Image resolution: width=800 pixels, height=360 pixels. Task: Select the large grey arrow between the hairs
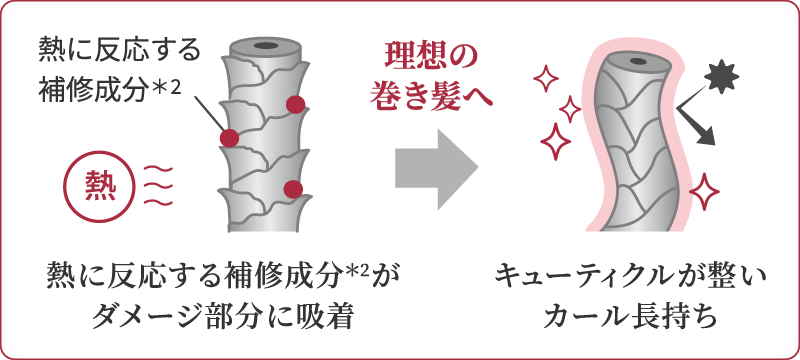coord(436,168)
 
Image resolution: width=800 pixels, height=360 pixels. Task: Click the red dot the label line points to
coord(229,138)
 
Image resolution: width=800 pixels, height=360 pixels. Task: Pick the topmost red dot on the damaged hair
coord(295,105)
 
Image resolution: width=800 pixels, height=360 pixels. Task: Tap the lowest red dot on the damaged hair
coord(293,189)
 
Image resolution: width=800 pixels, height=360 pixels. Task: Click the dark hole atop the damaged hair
coord(266,46)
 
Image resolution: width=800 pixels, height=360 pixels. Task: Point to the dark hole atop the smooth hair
coord(637,62)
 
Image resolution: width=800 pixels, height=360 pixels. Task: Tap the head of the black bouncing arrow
coord(707,137)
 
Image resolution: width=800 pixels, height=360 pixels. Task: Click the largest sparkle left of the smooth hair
coord(555,141)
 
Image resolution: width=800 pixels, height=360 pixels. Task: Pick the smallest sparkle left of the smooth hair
coord(570,109)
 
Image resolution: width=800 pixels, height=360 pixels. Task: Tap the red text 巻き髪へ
coord(431,95)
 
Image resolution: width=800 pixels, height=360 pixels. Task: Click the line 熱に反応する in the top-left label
coord(118,53)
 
